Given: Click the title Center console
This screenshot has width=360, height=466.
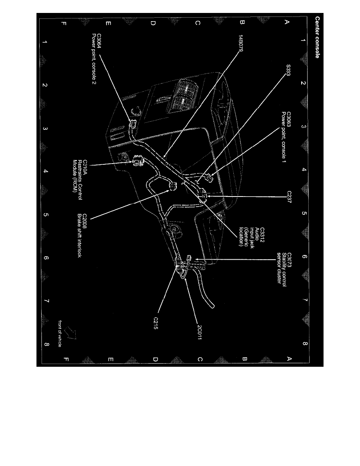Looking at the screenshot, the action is (x=317, y=37).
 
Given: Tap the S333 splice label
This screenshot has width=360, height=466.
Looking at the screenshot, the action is (x=288, y=70).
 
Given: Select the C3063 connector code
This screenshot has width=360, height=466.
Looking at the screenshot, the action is (x=288, y=120).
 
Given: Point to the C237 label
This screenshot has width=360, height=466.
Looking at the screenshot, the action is (x=289, y=197).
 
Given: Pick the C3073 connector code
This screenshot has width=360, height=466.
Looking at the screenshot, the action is (x=289, y=260).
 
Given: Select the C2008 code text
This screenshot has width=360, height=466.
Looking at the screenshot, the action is (x=85, y=221).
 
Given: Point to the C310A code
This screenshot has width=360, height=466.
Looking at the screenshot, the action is (x=85, y=167).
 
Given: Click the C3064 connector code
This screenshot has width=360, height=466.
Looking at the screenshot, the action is (x=99, y=41).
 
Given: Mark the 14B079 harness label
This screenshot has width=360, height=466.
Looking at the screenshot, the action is (x=241, y=44).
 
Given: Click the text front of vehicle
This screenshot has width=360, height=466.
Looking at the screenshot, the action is (x=59, y=333).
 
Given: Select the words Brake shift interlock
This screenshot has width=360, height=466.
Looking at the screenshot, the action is (x=79, y=235).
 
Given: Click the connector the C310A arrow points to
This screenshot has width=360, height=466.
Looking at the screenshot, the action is (x=137, y=160).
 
